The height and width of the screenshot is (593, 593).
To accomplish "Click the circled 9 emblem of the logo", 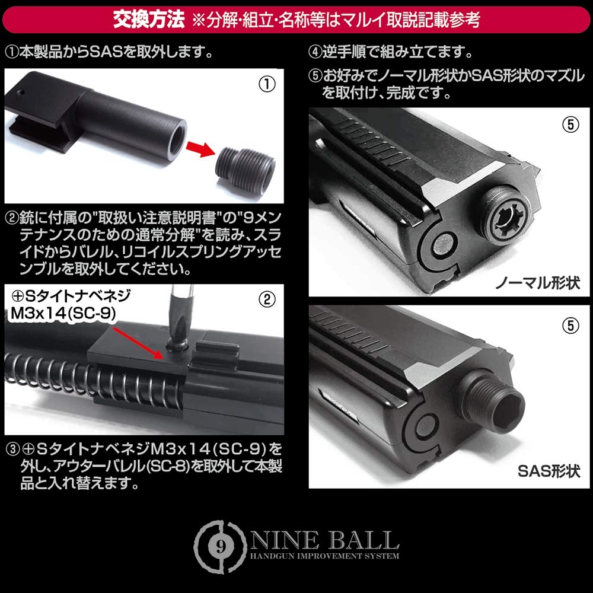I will point(221,540).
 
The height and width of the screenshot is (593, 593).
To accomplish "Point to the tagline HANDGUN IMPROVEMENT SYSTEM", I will point(324,556).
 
